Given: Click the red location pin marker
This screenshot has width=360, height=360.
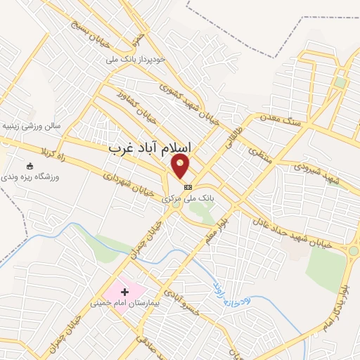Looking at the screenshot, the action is point(181,165).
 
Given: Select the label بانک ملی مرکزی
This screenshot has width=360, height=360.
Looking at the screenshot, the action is point(188,199).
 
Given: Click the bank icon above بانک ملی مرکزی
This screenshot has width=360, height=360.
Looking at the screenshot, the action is point(188,187).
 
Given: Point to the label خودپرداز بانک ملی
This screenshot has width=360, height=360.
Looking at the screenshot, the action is point(141,60).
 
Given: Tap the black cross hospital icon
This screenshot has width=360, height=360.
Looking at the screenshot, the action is point(125,291).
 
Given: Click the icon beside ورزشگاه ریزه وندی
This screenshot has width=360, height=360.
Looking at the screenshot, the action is point(29,166).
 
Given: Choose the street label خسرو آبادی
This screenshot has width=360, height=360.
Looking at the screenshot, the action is point(181,300).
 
